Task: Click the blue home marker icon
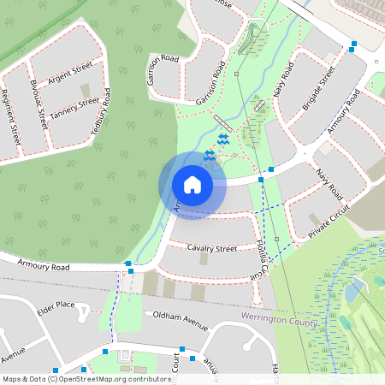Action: point(192,184)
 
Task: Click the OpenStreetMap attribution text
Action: point(86,378)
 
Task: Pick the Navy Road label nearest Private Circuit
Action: point(327,187)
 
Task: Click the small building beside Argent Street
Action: point(85,88)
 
